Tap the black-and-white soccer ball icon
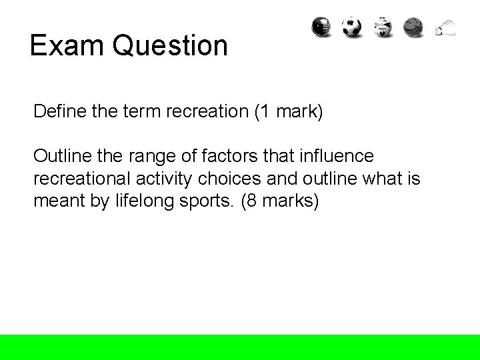(x=352, y=27)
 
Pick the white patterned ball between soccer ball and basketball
(x=383, y=27)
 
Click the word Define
(x=57, y=111)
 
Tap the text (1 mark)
(x=288, y=111)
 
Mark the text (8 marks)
(x=282, y=201)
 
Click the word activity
(x=163, y=179)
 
